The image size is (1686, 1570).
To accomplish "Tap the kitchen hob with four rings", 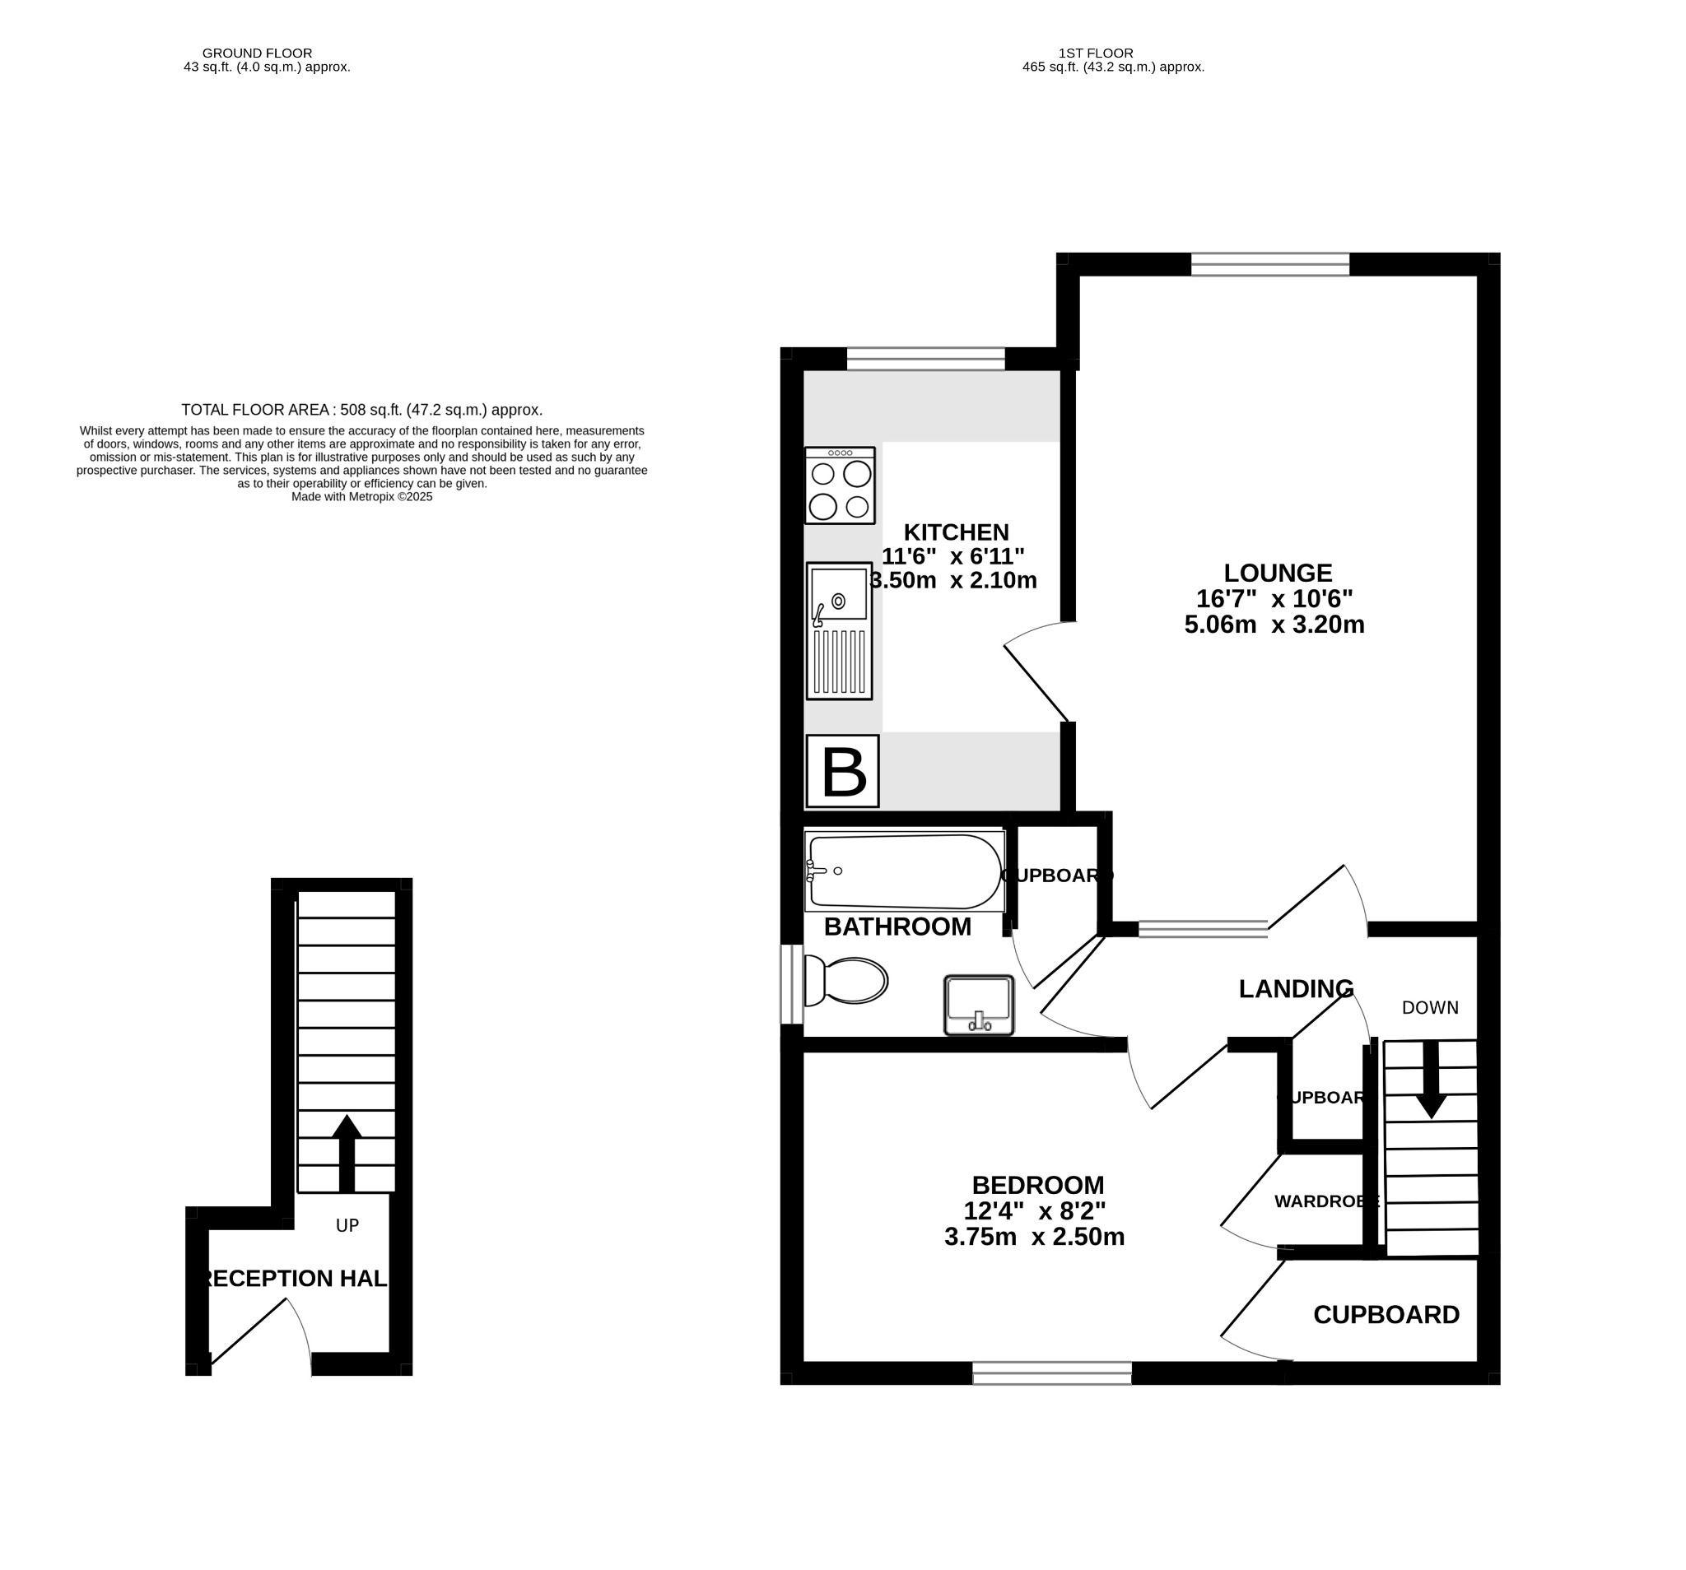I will (840, 485).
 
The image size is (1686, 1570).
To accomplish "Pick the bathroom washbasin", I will (979, 1005).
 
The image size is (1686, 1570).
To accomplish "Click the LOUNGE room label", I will (1277, 573).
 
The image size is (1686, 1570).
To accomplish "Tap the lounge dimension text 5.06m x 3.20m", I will (1274, 625).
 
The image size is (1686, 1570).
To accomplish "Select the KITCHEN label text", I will (956, 532).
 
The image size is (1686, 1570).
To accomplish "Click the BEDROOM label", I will (1037, 1184).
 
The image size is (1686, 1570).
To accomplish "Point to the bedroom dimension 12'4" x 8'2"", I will (1035, 1210).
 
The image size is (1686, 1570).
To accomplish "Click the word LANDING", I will (1295, 988).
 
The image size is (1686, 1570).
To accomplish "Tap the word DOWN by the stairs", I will (1430, 1008).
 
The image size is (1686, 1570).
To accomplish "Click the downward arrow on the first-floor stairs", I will (1431, 1081).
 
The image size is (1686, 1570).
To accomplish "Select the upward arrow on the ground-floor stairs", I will (346, 1153).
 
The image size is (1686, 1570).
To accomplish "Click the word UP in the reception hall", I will (347, 1225).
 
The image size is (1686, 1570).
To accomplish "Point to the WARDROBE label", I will (1325, 1201).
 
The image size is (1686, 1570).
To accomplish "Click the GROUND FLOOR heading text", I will (257, 53).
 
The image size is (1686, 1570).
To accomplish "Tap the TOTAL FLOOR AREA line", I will (361, 411).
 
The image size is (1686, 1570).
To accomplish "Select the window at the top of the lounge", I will (1269, 264).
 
